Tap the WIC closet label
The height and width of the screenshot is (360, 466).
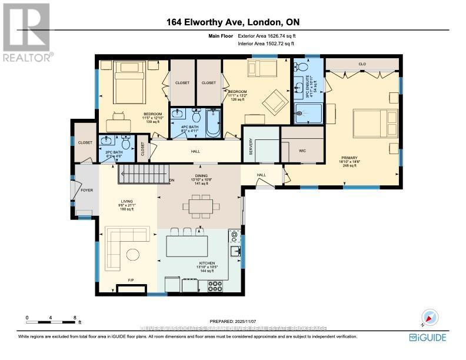coord(302,151)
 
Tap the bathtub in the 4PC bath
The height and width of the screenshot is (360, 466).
coord(212,122)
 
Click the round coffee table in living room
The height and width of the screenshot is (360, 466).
coord(134,254)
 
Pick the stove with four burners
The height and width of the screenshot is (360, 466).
coord(215,286)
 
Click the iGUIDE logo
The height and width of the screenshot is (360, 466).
coord(427,338)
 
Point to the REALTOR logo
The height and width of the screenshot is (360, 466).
coord(26,32)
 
